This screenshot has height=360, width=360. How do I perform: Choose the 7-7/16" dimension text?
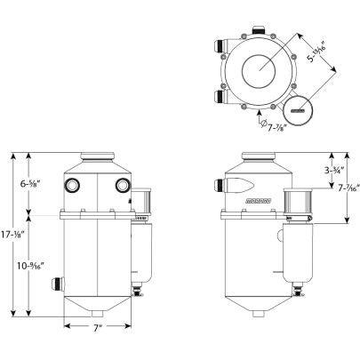[348, 188]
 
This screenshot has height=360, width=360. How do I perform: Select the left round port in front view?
[71, 185]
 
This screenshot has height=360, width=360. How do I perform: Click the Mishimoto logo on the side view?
[258, 204]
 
